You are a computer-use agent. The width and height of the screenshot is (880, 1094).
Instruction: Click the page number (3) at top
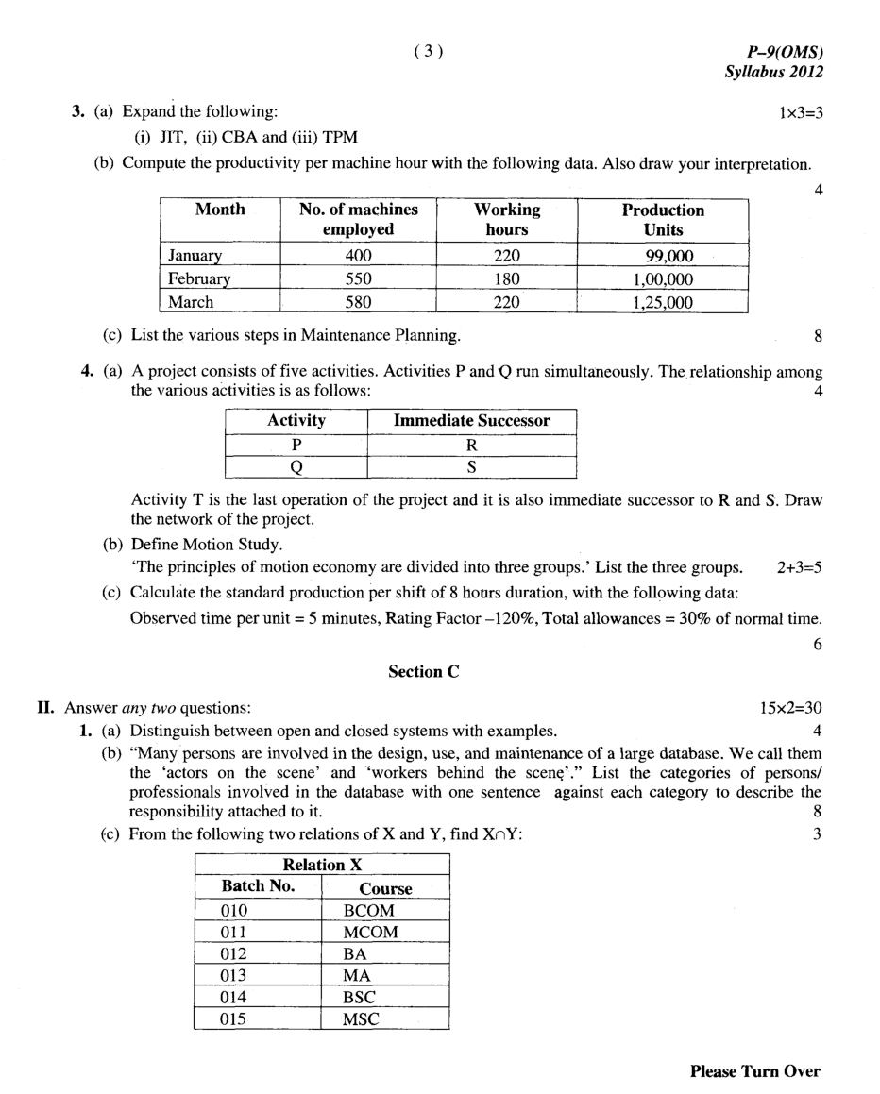(427, 52)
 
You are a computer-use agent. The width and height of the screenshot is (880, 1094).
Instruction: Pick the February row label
(199, 279)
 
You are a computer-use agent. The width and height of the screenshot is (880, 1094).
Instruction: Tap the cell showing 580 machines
(358, 302)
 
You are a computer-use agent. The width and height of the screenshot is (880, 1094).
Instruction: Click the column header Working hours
(507, 219)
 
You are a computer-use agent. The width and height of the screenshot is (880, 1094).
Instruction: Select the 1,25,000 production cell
(663, 302)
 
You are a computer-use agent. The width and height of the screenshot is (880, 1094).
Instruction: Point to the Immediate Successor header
(471, 421)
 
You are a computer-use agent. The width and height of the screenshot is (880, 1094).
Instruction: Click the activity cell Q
(296, 466)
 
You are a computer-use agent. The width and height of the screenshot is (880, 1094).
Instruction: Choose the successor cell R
(471, 445)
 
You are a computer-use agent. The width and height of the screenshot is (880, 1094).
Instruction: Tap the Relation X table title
(322, 865)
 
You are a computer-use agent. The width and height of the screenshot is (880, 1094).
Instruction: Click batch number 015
(233, 1019)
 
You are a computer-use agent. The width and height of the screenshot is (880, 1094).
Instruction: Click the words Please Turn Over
(754, 1070)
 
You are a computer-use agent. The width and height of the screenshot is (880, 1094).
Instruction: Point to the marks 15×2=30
(790, 707)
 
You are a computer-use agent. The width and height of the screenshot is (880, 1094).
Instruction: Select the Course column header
(385, 888)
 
